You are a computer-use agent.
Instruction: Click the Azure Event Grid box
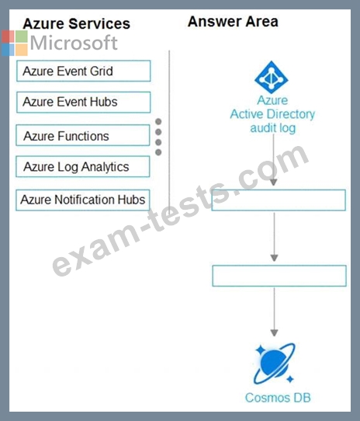click(84, 71)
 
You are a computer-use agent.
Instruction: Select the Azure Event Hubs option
click(84, 102)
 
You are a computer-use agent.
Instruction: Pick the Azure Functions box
click(83, 135)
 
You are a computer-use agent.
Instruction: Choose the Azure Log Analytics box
click(83, 166)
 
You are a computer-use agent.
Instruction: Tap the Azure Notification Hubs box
click(83, 200)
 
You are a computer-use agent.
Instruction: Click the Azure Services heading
click(77, 23)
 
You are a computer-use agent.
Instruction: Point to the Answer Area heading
click(233, 22)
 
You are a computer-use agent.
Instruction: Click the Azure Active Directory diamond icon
click(272, 78)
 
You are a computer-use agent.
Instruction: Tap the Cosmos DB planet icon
click(274, 364)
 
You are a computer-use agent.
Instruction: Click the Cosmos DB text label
click(278, 398)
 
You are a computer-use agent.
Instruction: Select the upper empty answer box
click(279, 200)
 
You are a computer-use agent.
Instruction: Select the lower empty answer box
click(279, 276)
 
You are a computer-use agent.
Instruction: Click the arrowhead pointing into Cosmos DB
click(274, 333)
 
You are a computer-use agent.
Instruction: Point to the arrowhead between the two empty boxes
click(274, 258)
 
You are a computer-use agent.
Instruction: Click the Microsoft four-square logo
click(15, 43)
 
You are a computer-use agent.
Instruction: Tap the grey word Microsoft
click(74, 43)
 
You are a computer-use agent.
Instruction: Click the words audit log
click(273, 128)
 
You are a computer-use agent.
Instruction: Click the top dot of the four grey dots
click(158, 122)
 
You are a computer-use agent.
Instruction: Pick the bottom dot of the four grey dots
click(158, 152)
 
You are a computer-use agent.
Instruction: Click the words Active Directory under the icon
click(272, 114)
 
